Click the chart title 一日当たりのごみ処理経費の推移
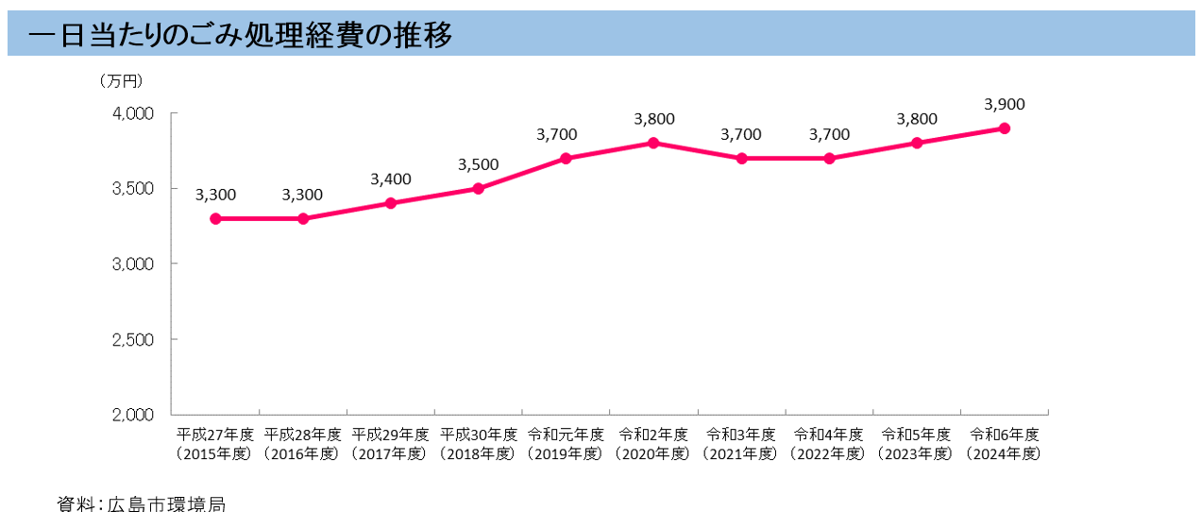click(240, 35)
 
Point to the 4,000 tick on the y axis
click(133, 113)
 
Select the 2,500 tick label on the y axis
click(133, 339)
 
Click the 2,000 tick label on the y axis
click(133, 415)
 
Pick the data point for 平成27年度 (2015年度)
click(215, 218)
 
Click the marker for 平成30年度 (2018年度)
click(478, 188)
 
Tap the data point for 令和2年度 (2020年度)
click(653, 143)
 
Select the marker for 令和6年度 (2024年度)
click(1005, 128)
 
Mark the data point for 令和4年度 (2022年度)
click(829, 158)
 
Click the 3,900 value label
click(1005, 104)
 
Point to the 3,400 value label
click(391, 179)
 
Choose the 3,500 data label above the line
click(478, 164)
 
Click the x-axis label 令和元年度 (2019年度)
click(566, 444)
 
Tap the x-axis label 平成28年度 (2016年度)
click(302, 444)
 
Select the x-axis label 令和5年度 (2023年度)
click(917, 444)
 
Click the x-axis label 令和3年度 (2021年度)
click(741, 444)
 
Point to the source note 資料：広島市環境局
click(141, 503)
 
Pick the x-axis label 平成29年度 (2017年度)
click(390, 444)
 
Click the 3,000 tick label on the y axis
click(133, 264)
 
